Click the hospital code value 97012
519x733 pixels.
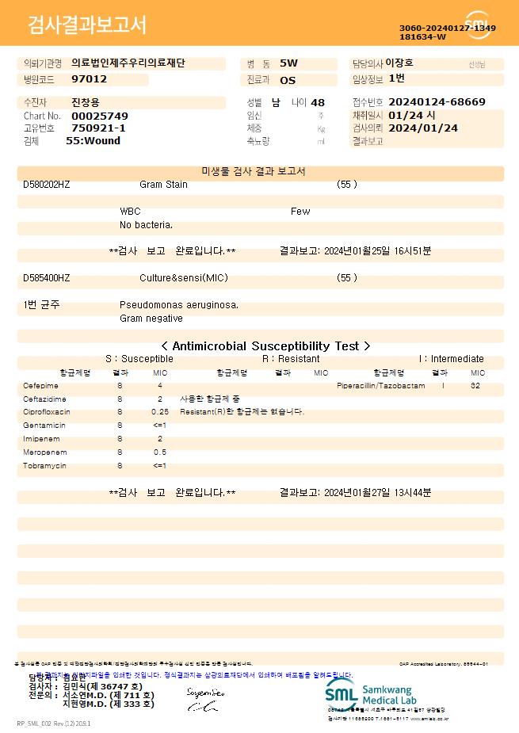[x=89, y=79]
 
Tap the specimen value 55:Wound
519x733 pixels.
[x=93, y=140]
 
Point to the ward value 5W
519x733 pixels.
[x=288, y=63]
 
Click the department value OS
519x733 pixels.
[x=288, y=80]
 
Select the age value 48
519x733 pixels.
[x=318, y=103]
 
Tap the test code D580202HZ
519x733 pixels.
[x=47, y=185]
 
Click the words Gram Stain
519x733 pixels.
[x=163, y=185]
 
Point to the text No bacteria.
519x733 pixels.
[x=146, y=226]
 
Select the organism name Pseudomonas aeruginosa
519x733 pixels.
[x=179, y=305]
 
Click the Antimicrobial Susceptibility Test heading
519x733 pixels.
[x=265, y=346]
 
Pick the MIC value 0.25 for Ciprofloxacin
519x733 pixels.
[x=160, y=412]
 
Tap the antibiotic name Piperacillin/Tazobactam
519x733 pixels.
[x=380, y=386]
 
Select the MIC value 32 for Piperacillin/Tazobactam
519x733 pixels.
[x=475, y=386]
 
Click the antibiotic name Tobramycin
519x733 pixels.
[x=44, y=466]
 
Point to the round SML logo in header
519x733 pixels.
[x=477, y=25]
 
